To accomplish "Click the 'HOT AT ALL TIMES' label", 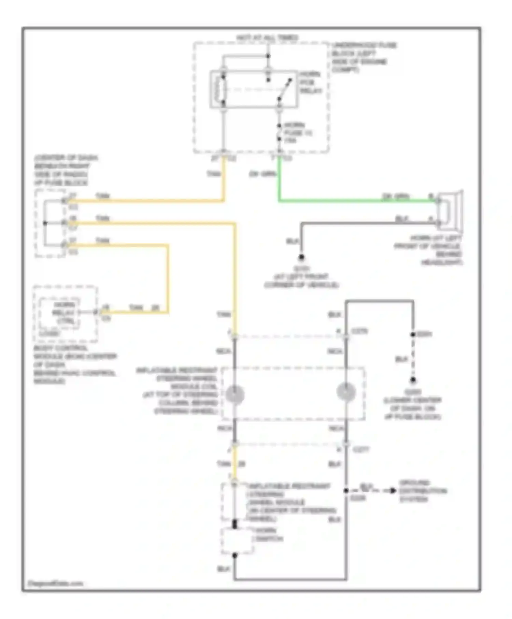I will click(x=267, y=38).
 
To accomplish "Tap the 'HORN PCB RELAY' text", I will click(x=311, y=83).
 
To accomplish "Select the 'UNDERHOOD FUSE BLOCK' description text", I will click(x=364, y=57).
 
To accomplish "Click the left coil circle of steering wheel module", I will click(x=235, y=394).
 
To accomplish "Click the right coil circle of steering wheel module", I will click(x=346, y=392).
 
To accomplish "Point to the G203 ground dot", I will click(x=413, y=380).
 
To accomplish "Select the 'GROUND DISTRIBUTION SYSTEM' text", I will click(x=422, y=491).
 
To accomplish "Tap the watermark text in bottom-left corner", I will click(x=55, y=583).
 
